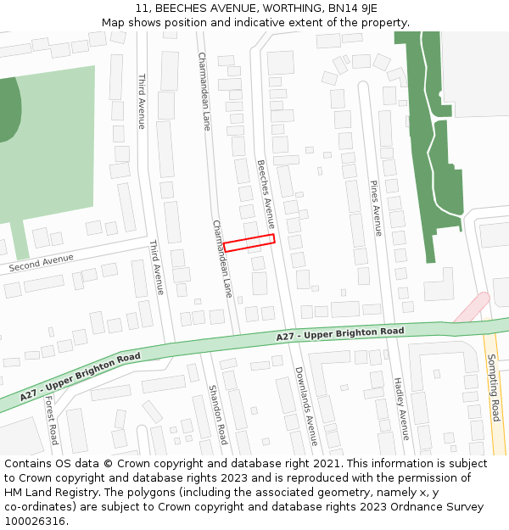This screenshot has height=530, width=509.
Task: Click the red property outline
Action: coord(249,243)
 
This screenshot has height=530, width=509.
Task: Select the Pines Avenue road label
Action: coord(377,208)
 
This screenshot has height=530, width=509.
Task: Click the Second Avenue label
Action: coord(42,264)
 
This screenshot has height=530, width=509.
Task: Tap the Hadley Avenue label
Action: coord(401,408)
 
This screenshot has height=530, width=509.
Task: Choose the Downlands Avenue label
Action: coord(306,406)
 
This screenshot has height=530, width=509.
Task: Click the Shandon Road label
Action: coord(218,415)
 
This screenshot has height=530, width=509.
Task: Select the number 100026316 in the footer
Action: coord(35,522)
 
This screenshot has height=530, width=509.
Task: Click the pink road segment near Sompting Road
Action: coord(471,308)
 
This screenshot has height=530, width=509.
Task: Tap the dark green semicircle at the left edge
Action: coord(8,109)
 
